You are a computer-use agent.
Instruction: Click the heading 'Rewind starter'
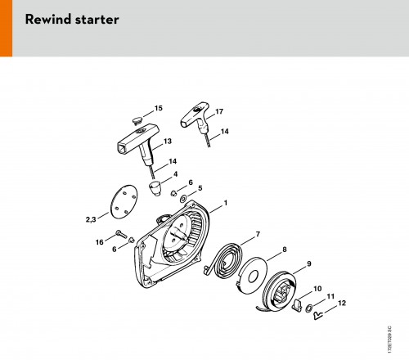tap(72, 20)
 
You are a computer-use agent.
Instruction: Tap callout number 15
tap(159, 108)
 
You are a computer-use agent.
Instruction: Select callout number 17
tap(219, 111)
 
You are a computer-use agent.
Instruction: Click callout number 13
tap(168, 142)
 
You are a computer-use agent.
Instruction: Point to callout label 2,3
tap(91, 219)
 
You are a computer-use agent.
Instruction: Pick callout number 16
tap(100, 242)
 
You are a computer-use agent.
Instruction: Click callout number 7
tap(258, 234)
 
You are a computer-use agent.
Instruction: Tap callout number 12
tap(342, 303)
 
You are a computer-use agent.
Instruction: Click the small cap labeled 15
tap(137, 120)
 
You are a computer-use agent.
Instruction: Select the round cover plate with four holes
tap(124, 201)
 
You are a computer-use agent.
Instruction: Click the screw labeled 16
tap(121, 234)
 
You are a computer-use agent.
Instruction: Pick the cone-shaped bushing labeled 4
tap(155, 188)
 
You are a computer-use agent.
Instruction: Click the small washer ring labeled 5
tap(183, 199)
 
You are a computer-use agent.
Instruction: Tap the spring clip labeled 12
tap(318, 315)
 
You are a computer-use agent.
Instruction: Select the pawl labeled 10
tap(297, 305)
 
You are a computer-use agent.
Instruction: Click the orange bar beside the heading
tap(6, 28)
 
